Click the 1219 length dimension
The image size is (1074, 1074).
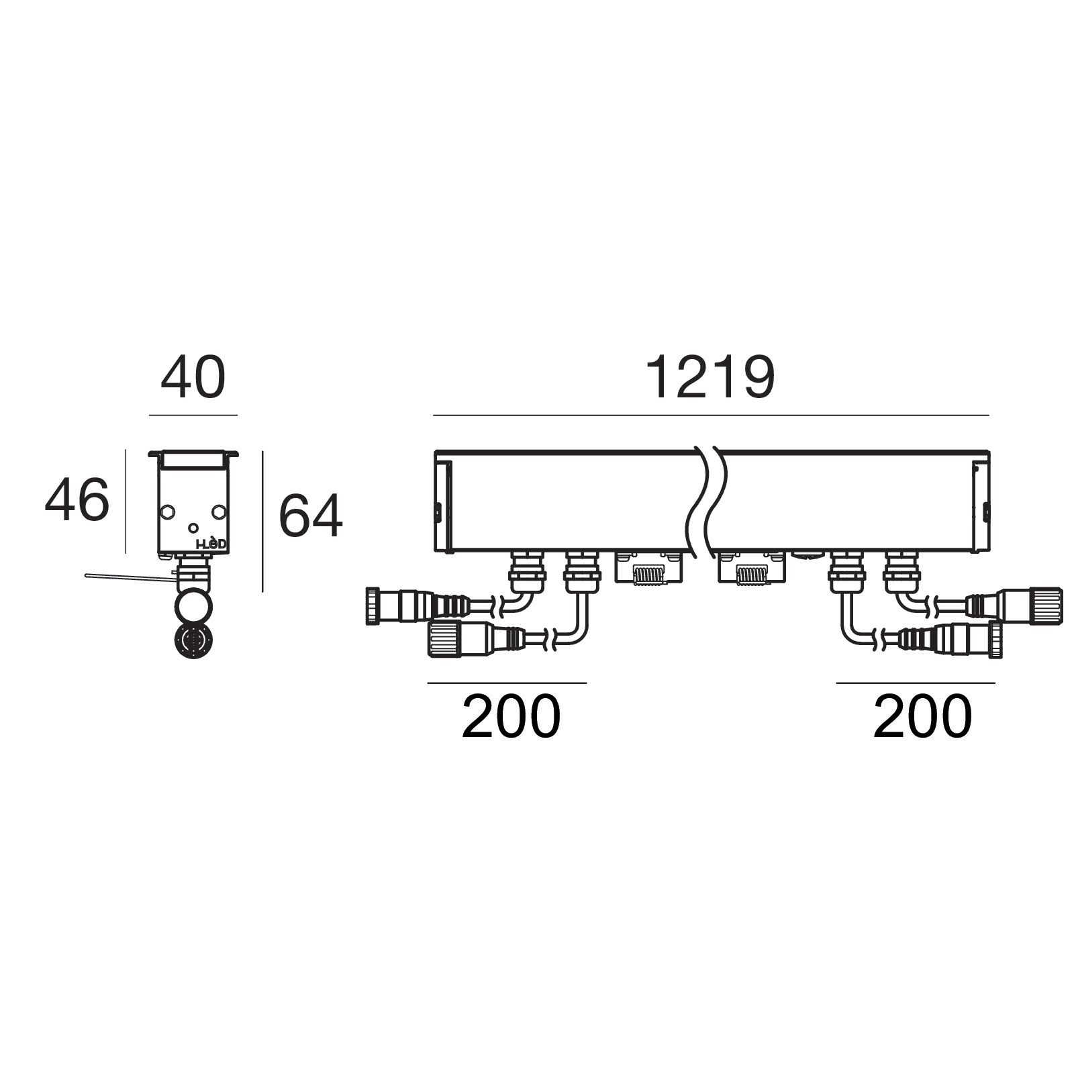pos(710,379)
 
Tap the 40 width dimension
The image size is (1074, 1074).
pos(193,379)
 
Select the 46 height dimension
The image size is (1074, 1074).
pos(77,499)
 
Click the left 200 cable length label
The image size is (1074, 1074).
pos(511,716)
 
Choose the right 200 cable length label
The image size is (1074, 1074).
pos(922,716)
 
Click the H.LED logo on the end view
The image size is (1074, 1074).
pos(211,544)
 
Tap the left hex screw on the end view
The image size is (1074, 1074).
pos(166,512)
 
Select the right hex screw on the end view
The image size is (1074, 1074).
pos(218,512)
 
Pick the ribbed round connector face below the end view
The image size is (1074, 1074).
pos(193,641)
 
